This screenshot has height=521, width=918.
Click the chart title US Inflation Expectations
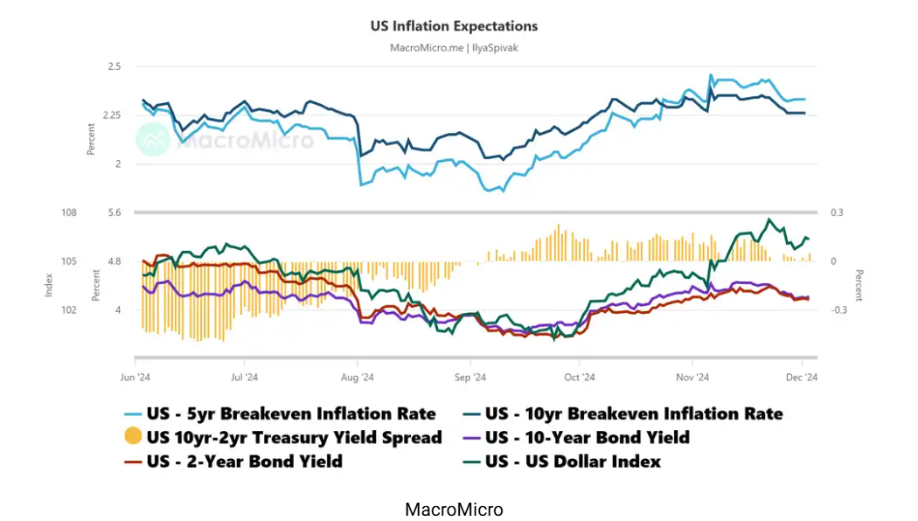click(455, 26)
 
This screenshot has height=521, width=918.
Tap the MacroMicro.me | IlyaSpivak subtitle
click(454, 47)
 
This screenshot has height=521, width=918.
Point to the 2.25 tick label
click(110, 115)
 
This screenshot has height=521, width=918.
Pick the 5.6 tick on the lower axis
click(115, 212)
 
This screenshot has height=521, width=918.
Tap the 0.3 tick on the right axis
click(837, 212)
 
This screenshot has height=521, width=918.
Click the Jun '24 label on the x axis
click(136, 378)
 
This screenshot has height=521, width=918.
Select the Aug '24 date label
click(357, 378)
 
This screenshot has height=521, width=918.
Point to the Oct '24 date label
click(580, 378)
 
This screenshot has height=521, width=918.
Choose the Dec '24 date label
click(802, 378)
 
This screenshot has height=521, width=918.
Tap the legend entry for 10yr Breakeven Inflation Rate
click(632, 413)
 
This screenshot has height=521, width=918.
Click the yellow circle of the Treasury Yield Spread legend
click(133, 437)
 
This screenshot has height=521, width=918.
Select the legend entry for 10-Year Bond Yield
click(586, 437)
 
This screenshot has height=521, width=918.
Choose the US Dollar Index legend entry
click(572, 461)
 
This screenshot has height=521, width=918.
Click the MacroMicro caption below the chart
click(454, 509)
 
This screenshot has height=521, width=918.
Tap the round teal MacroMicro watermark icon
click(154, 140)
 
